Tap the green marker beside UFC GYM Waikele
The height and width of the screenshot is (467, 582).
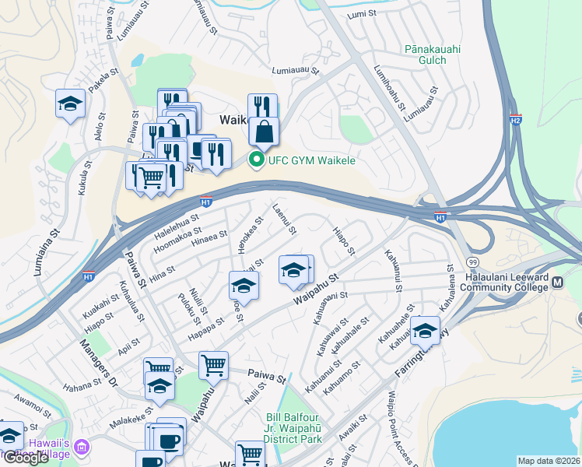(x=255, y=160)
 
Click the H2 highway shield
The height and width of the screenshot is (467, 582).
(x=515, y=120)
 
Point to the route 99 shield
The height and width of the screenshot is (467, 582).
(x=472, y=263)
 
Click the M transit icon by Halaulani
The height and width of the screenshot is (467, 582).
(x=557, y=279)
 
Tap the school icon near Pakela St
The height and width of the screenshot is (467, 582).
(x=70, y=104)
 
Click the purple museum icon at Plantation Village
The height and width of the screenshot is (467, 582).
(x=83, y=447)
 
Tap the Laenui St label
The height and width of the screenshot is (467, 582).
(x=285, y=219)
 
